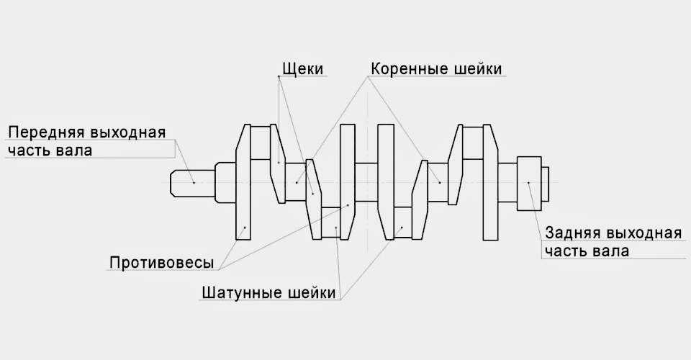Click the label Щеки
pyautogui.click(x=300, y=68)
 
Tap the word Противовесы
pyautogui.click(x=162, y=262)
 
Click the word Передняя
pyautogui.click(x=47, y=132)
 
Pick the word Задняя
pyautogui.click(x=573, y=233)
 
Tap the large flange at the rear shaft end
pyautogui.click(x=529, y=182)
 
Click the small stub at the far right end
pyautogui.click(x=546, y=182)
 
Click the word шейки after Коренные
pyautogui.click(x=479, y=68)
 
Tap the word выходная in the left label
pyautogui.click(x=129, y=132)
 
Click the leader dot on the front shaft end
pyautogui.click(x=194, y=182)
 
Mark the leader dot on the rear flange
pyautogui.click(x=529, y=182)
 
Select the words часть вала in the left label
pyautogui.click(x=50, y=150)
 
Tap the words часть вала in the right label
pyautogui.click(x=587, y=251)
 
